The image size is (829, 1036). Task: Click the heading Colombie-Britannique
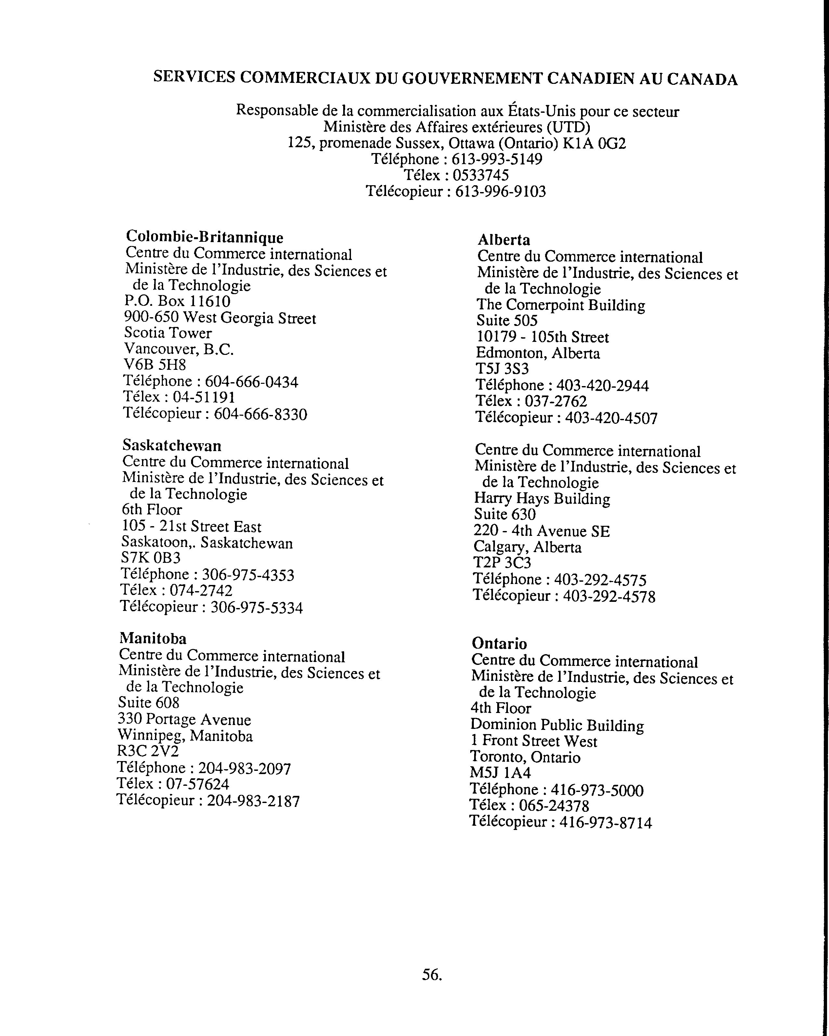(x=204, y=237)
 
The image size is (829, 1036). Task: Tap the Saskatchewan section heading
(x=172, y=446)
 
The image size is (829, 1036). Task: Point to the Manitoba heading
(x=153, y=638)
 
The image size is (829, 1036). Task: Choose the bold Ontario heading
(x=499, y=643)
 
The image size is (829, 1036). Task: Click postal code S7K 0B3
(x=151, y=558)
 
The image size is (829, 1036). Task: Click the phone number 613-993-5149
(x=497, y=159)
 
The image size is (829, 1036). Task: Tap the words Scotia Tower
(x=168, y=333)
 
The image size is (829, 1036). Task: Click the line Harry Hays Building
(x=542, y=499)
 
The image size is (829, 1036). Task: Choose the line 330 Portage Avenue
(x=185, y=719)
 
